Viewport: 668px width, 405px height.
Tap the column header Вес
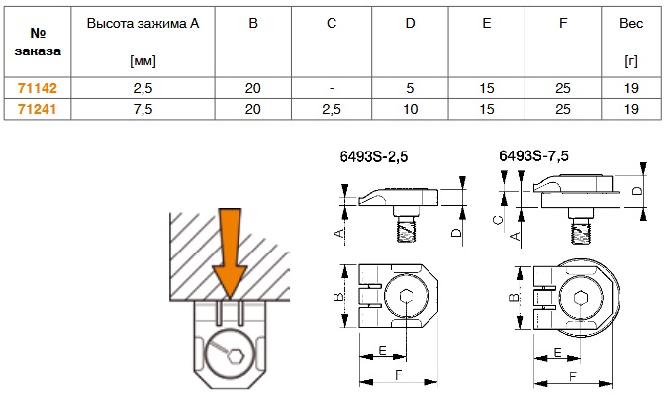[x=631, y=22]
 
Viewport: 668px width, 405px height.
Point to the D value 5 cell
[x=410, y=88]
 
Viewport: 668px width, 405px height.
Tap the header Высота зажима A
[x=143, y=22]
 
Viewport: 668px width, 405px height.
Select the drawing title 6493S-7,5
[x=533, y=154]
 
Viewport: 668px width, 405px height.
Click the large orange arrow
[x=229, y=250]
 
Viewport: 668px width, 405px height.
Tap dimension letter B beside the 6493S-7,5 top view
[x=512, y=299]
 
